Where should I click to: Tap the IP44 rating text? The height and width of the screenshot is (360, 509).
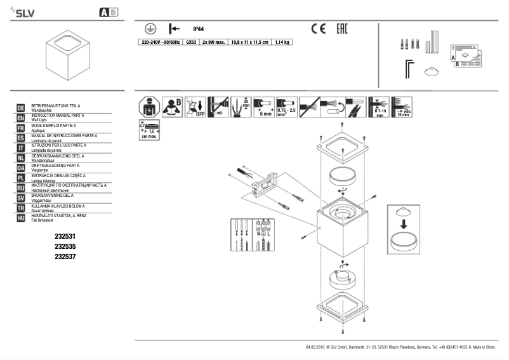[198, 29]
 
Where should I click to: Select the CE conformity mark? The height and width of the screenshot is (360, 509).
[318, 29]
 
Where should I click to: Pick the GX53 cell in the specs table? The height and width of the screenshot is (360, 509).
[190, 42]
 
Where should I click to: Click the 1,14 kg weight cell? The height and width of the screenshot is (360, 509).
[282, 42]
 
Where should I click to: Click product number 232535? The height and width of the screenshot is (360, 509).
[65, 246]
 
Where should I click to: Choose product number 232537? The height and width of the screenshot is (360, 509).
[65, 256]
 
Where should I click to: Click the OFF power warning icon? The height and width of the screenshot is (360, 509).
[197, 107]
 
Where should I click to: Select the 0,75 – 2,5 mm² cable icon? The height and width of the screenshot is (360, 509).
[288, 107]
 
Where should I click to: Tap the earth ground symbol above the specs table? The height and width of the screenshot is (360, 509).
[148, 29]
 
